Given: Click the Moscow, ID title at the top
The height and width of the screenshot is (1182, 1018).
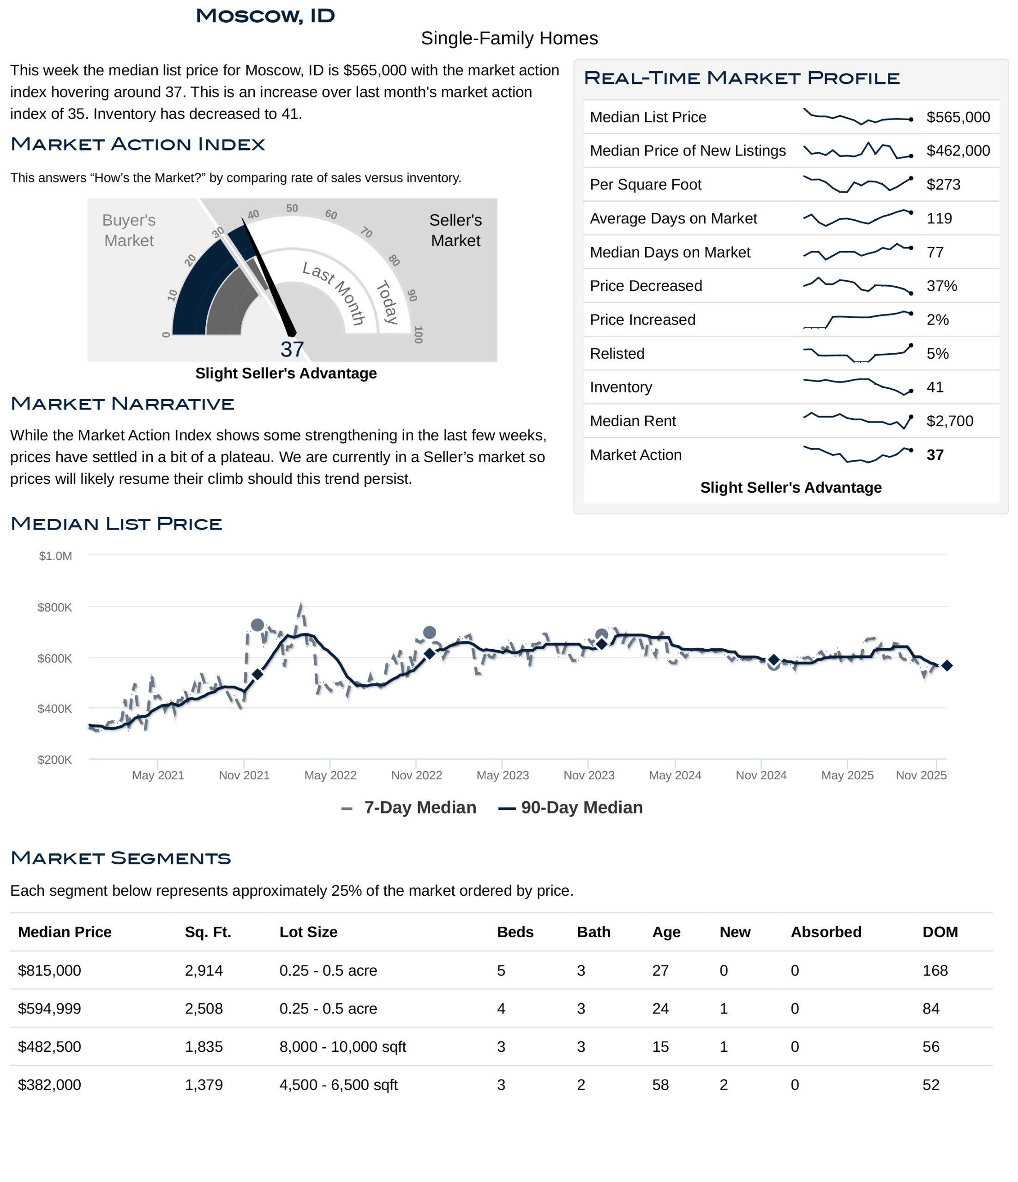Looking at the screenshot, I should pos(265,16).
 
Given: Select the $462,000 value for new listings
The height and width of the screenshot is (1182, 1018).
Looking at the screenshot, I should pos(958,151).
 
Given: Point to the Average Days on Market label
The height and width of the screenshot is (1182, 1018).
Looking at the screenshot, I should pos(673,218).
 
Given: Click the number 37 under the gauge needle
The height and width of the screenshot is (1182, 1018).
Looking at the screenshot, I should pos(292,349).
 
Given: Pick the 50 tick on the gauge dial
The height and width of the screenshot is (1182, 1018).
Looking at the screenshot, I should pos(292,208).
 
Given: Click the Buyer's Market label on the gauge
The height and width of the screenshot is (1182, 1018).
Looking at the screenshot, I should pos(129,230).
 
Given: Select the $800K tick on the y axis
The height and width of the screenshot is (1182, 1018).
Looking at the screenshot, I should pos(55,608).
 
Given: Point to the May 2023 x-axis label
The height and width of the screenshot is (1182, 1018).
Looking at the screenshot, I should pos(503,775).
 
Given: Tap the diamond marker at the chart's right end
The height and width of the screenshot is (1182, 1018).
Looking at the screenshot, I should pos(947,666).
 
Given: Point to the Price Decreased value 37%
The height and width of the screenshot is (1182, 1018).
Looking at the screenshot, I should pos(941,286).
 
